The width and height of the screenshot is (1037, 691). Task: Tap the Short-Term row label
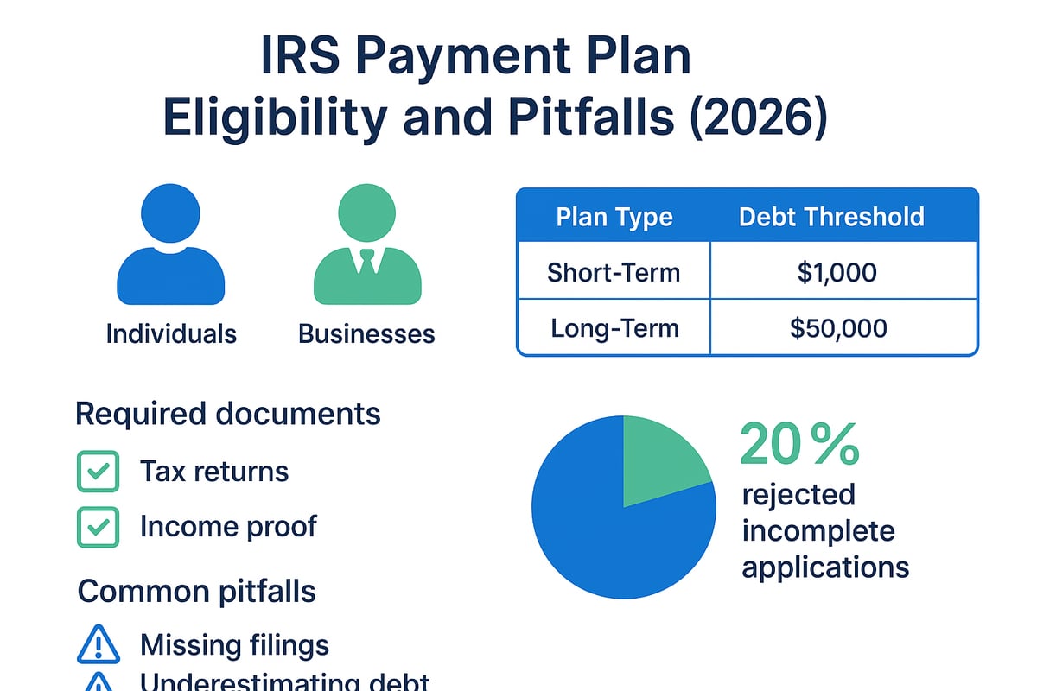(x=614, y=273)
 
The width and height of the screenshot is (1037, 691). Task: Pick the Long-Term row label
(x=614, y=328)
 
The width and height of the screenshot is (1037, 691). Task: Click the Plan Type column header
(x=614, y=217)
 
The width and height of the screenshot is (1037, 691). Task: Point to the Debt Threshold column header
(x=831, y=217)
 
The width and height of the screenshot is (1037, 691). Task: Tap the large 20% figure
(x=799, y=445)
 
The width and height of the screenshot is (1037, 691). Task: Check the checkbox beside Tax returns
(x=98, y=472)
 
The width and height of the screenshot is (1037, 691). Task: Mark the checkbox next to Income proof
(x=98, y=526)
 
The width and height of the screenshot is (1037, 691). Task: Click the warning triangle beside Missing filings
(x=98, y=644)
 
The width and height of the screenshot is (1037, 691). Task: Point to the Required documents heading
(x=228, y=414)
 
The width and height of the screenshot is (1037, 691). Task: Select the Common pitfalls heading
(x=197, y=592)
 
